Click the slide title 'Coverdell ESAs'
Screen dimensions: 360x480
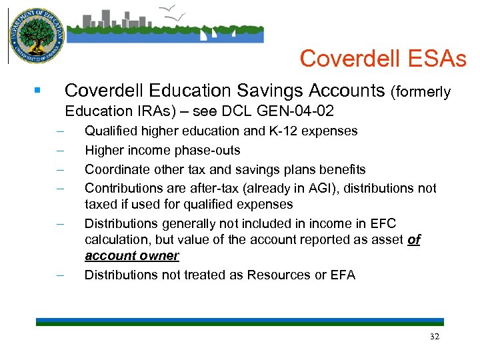point(383,59)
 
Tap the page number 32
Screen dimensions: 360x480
point(435,337)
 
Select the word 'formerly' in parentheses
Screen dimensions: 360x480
point(424,92)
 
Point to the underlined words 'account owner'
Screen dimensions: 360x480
point(132,256)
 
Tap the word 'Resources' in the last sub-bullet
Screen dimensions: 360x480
point(275,275)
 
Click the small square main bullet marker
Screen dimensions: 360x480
point(39,89)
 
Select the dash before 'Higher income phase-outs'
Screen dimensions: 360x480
point(61,151)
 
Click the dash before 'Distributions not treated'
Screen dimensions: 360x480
point(61,275)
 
